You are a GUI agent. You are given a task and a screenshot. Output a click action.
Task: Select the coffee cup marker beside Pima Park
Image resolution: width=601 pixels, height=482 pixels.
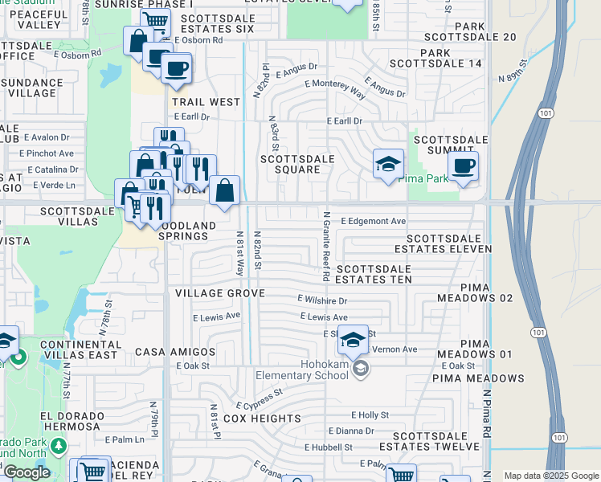[463, 167]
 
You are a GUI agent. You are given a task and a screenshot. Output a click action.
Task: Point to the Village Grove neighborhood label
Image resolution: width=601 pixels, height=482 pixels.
[220, 294]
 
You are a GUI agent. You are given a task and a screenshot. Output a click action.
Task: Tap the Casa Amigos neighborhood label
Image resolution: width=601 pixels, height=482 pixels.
[175, 352]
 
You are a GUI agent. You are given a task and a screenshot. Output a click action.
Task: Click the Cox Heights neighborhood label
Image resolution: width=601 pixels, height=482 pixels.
[262, 419]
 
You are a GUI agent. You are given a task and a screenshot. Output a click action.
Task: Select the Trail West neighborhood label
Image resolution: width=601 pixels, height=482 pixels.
[206, 102]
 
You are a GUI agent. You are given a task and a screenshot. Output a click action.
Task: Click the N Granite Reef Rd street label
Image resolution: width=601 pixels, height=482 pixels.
[326, 246]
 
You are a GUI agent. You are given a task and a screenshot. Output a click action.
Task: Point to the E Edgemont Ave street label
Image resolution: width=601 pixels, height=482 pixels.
[373, 221]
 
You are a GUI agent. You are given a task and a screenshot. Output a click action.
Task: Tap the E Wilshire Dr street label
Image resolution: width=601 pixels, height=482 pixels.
[321, 300]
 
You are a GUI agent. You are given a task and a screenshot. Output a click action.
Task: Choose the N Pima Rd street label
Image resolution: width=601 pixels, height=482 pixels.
[487, 415]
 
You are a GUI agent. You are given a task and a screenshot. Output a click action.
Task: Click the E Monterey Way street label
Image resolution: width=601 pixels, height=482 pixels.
[335, 88]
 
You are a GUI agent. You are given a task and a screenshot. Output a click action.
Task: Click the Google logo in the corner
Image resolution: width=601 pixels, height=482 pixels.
[27, 472]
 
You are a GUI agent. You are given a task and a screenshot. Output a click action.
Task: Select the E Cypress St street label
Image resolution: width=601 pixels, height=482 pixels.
[260, 398]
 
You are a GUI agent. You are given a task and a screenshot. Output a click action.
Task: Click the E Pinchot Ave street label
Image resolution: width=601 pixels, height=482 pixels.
[50, 153]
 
